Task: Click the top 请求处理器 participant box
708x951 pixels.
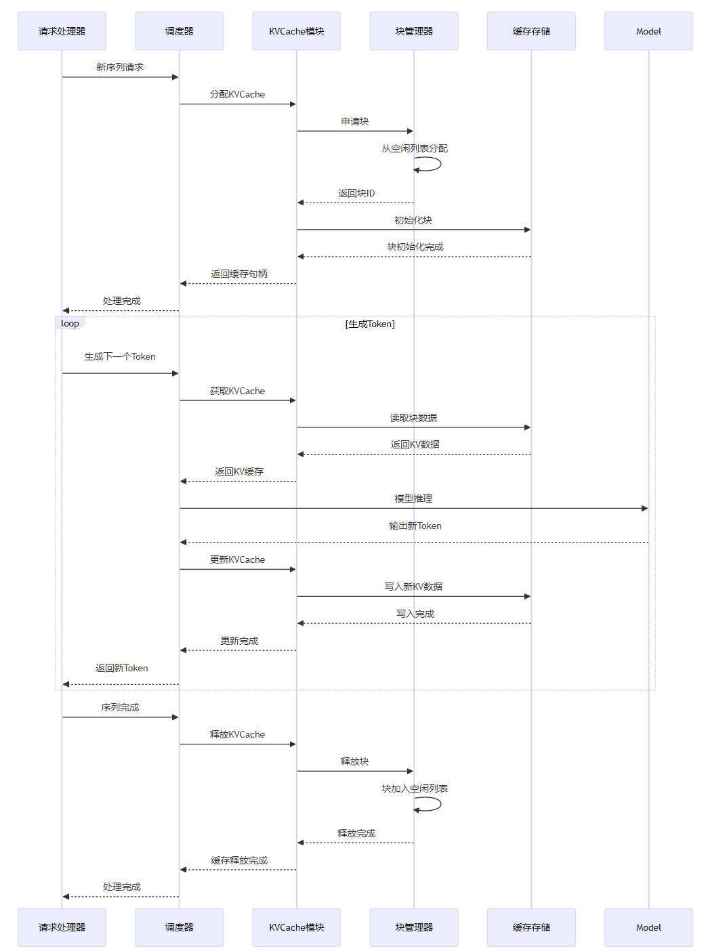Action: tap(62, 31)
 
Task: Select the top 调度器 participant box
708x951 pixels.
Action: tap(179, 31)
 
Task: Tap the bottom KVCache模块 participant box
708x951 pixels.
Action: tap(297, 927)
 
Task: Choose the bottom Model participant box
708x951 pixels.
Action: tap(648, 927)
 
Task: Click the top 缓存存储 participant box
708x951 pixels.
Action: tap(531, 31)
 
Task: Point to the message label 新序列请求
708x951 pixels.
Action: tap(120, 68)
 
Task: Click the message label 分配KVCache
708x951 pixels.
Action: tap(237, 95)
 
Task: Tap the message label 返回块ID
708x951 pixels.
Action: tap(356, 194)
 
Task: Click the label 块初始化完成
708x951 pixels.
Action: tap(415, 247)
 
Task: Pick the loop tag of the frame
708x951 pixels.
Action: tap(70, 323)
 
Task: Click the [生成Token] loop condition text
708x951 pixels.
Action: tap(370, 324)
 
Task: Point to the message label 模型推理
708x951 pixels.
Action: tap(413, 499)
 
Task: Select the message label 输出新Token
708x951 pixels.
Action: tap(415, 526)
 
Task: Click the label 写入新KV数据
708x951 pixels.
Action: tap(413, 587)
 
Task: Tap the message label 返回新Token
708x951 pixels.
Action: tap(121, 669)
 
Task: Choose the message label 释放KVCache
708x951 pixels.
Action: tap(237, 735)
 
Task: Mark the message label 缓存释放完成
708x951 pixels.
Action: tap(239, 861)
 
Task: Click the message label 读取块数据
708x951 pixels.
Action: tap(413, 419)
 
